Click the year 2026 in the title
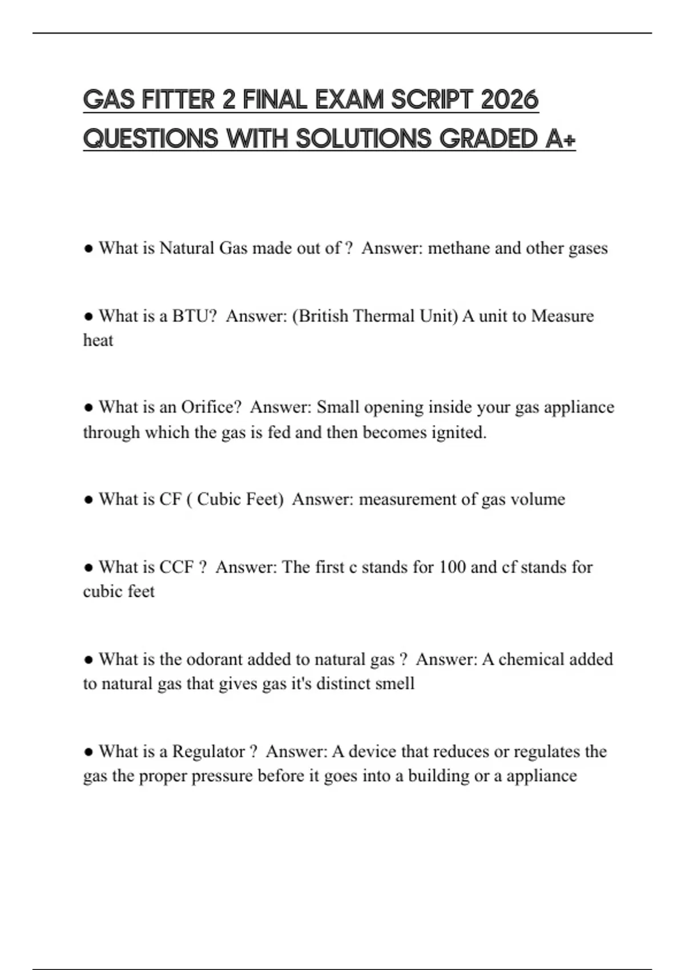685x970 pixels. (510, 100)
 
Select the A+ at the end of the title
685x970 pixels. (561, 139)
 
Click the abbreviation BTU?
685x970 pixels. (195, 316)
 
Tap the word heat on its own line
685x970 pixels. (98, 341)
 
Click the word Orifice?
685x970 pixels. (211, 407)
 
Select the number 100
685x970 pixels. (452, 567)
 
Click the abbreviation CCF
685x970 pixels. (176, 567)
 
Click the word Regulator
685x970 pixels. (208, 751)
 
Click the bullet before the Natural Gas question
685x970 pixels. (88, 249)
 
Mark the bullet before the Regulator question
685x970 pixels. (88, 752)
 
